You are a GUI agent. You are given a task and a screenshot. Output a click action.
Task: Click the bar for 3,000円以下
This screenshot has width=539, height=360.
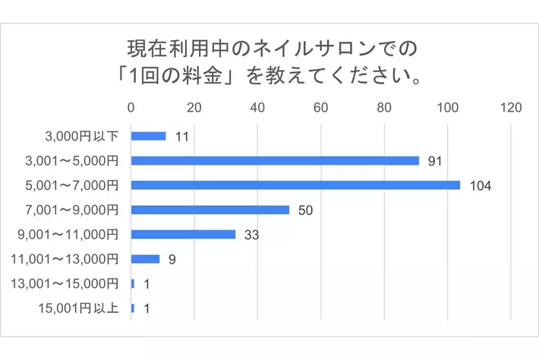148,136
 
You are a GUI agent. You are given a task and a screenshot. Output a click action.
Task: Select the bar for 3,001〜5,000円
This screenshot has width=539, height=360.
275,161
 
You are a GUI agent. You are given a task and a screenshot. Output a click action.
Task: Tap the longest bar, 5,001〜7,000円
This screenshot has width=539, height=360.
295,185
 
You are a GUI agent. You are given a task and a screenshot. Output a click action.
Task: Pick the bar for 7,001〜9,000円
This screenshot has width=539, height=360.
210,210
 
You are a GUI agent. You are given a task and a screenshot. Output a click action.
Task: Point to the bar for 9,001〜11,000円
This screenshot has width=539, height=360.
183,234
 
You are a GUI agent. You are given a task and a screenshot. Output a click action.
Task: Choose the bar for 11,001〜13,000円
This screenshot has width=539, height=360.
145,259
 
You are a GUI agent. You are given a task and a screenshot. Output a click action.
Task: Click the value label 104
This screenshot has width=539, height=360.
481,186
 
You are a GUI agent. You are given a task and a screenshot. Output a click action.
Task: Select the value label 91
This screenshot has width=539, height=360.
435,161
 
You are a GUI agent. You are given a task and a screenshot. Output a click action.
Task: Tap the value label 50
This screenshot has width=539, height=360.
305,210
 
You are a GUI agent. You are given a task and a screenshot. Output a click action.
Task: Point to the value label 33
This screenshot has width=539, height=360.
251,235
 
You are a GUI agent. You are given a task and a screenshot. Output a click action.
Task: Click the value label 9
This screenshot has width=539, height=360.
172,259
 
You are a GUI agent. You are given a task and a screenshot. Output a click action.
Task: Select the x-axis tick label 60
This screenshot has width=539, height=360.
321,108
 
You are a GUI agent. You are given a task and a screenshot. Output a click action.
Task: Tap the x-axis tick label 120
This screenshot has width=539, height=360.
510,108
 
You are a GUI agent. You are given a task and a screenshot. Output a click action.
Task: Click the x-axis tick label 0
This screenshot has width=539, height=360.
131,108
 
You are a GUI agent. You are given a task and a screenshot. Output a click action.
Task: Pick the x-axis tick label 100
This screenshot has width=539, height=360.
447,108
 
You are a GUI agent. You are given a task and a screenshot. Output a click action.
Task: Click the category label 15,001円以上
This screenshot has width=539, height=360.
77,308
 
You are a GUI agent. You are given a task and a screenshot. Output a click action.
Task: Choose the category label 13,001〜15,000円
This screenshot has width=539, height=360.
66,283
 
